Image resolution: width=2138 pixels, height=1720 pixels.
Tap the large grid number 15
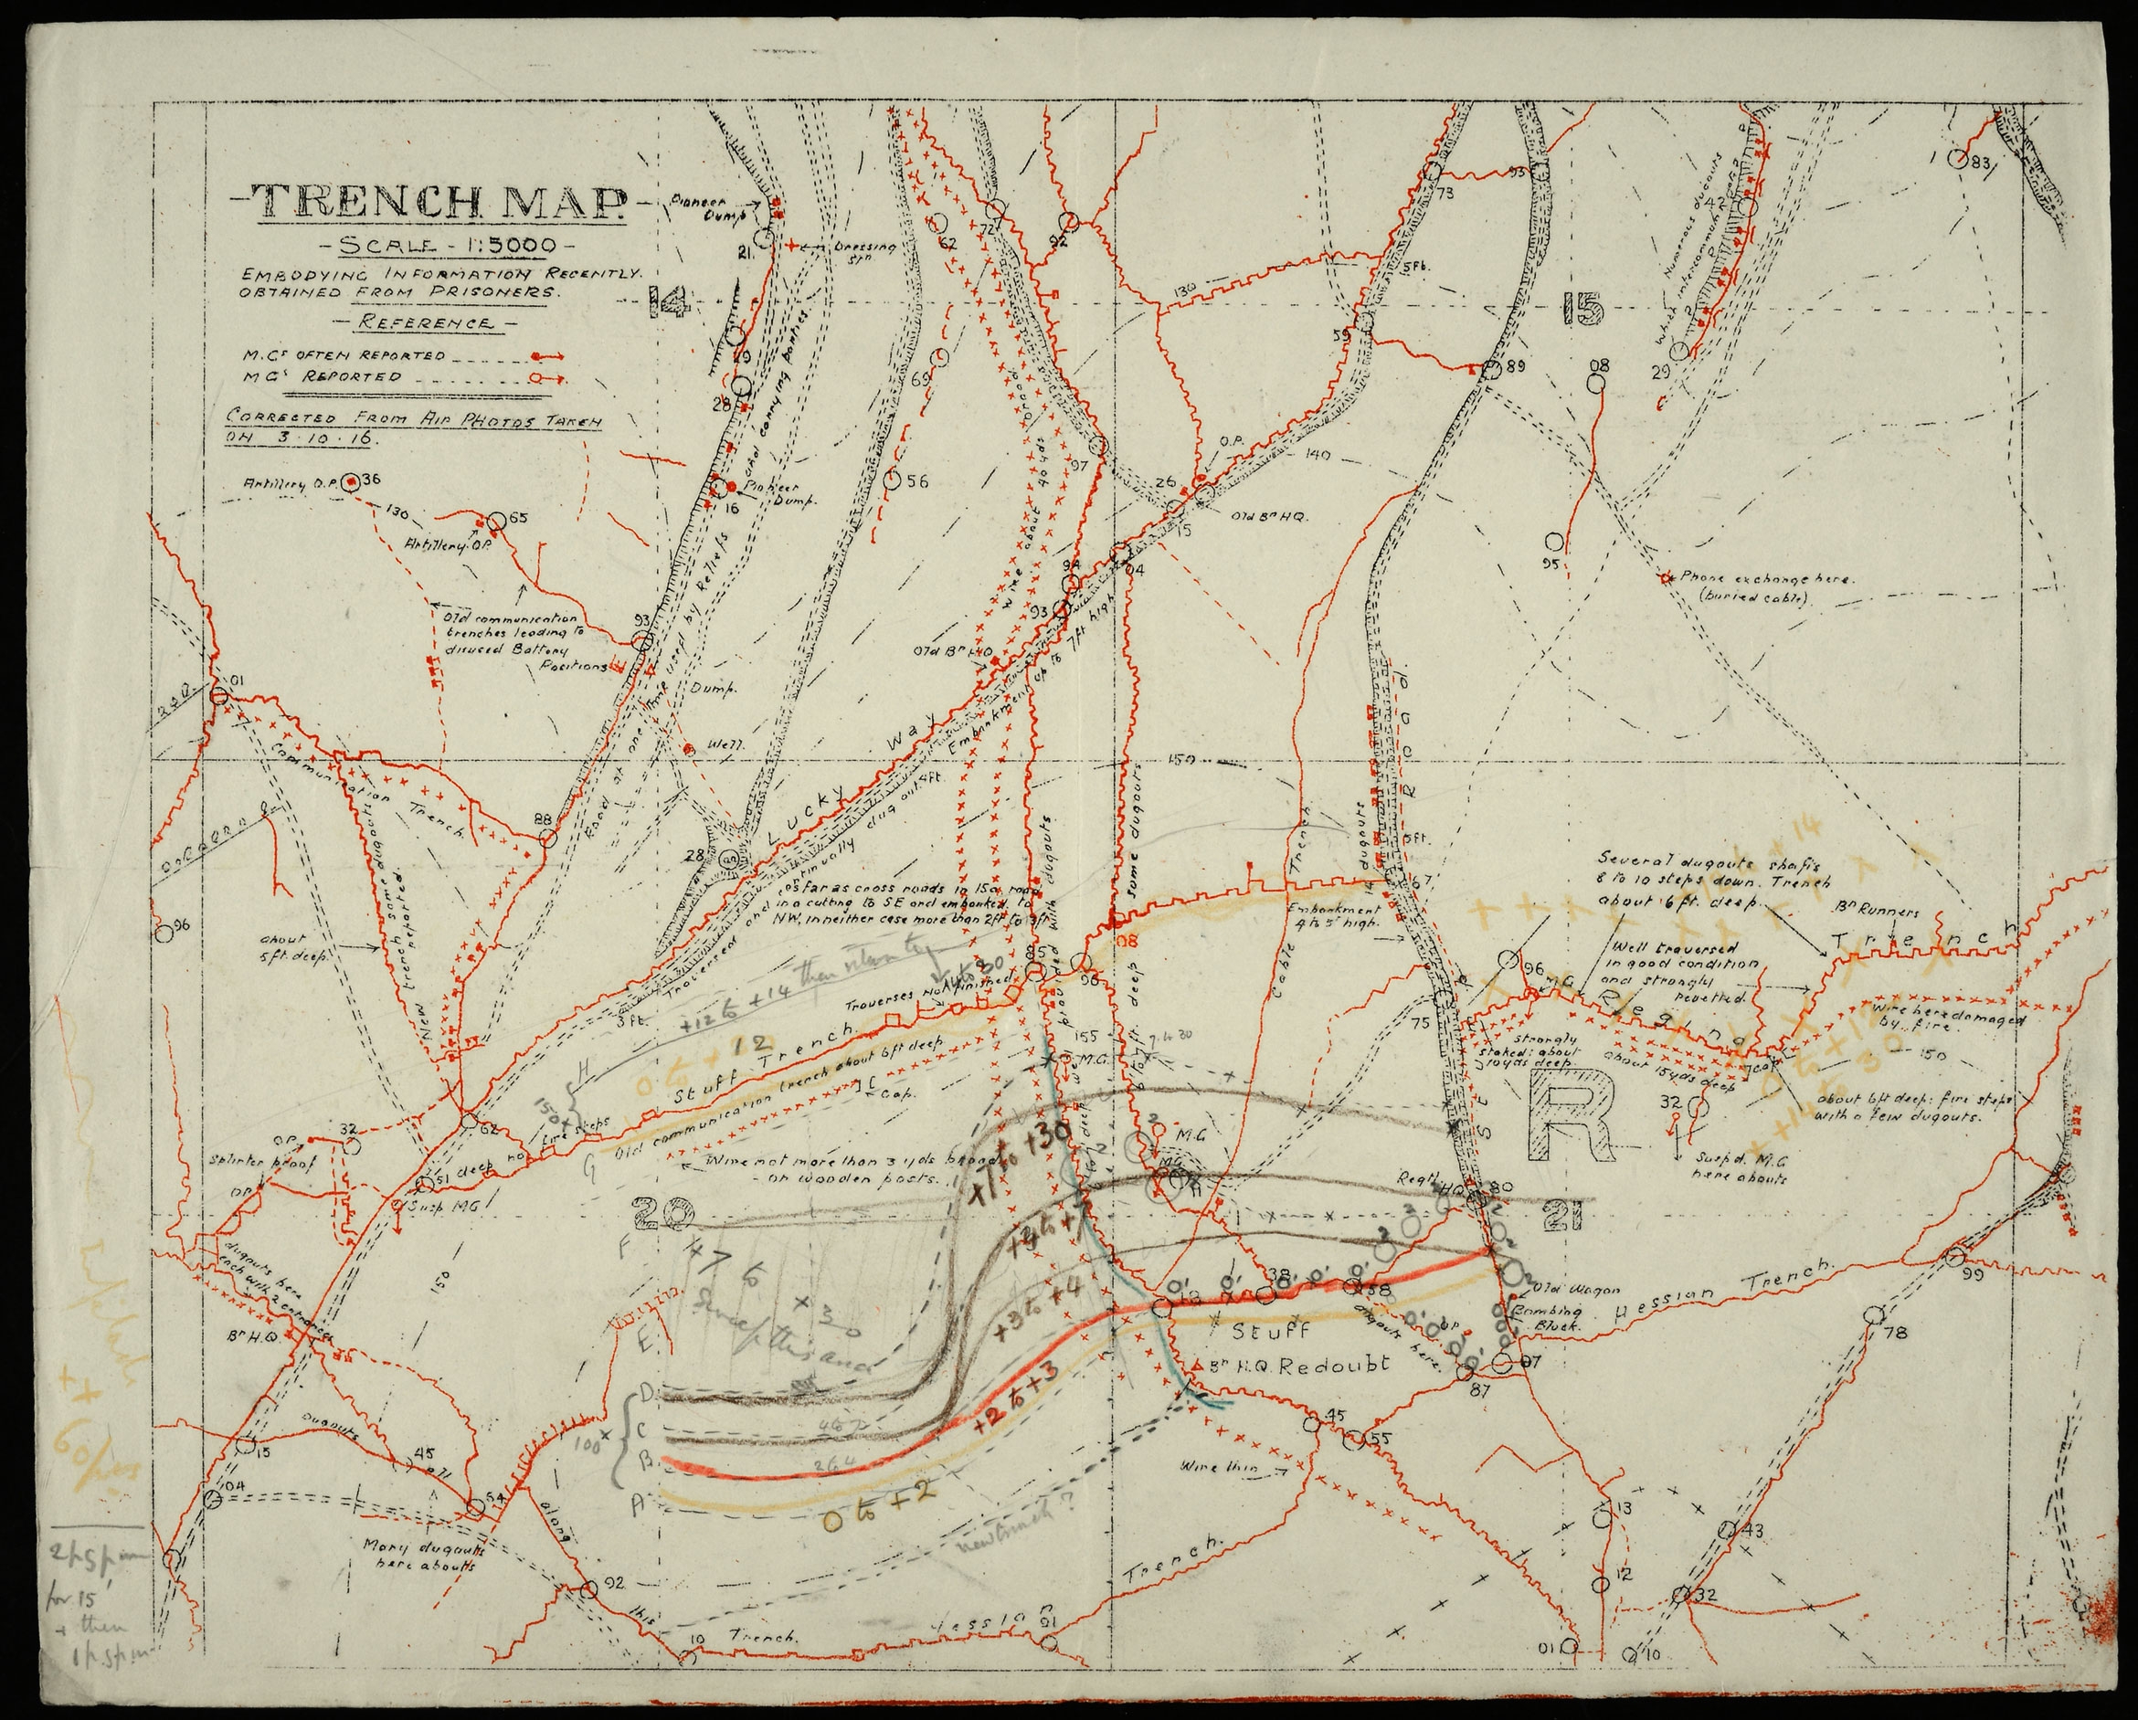click(1581, 311)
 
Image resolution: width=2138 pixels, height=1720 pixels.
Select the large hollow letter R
click(1572, 1116)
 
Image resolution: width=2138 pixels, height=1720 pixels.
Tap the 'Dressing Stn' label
click(864, 249)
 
